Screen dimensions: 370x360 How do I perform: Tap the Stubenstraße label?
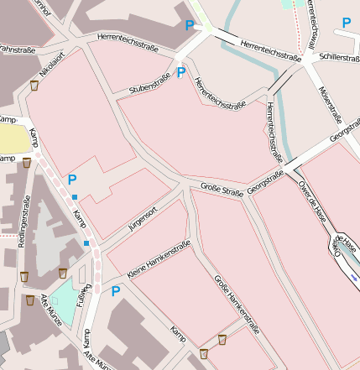(150, 83)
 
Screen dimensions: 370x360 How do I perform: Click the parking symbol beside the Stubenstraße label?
(180, 73)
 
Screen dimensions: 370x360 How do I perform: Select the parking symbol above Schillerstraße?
(346, 23)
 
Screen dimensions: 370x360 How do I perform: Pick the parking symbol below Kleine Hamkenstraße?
(116, 291)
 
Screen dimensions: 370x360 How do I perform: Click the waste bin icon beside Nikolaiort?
(34, 85)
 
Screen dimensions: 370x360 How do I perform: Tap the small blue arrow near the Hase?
(355, 274)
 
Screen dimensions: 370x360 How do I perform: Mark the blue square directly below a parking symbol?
(75, 196)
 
